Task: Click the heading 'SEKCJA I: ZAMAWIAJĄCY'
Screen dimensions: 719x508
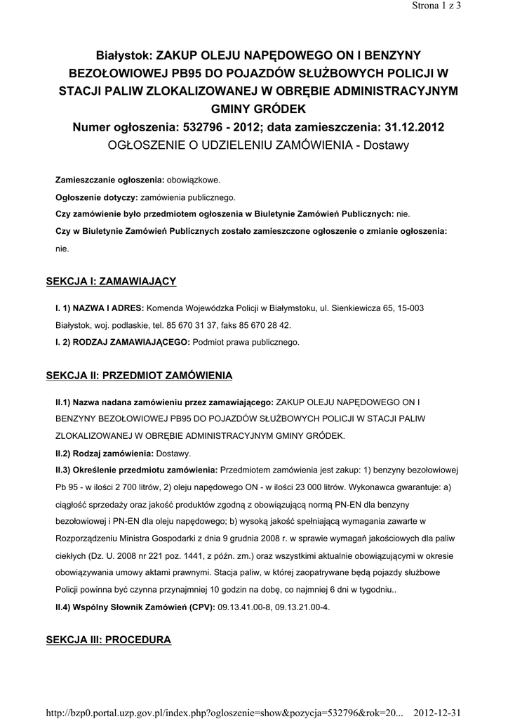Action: (x=111, y=282)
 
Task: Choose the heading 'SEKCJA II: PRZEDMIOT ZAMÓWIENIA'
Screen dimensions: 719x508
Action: (x=139, y=376)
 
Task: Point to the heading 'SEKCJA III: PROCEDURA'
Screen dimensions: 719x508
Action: (x=109, y=640)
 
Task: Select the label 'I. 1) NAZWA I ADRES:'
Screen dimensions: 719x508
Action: (x=100, y=309)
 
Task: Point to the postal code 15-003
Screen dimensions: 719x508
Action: (x=408, y=309)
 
